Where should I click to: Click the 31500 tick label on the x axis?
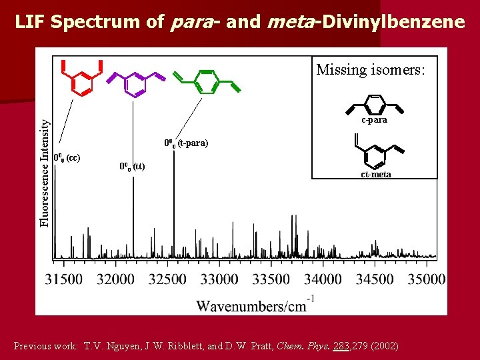64,279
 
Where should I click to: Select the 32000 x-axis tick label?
116,279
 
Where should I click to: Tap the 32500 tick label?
167,279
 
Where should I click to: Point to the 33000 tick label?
219,279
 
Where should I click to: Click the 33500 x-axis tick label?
271,279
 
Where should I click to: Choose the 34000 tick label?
323,279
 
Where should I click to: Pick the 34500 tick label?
375,279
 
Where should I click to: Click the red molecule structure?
81,79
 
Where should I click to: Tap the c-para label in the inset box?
374,121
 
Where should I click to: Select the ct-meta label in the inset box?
376,175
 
